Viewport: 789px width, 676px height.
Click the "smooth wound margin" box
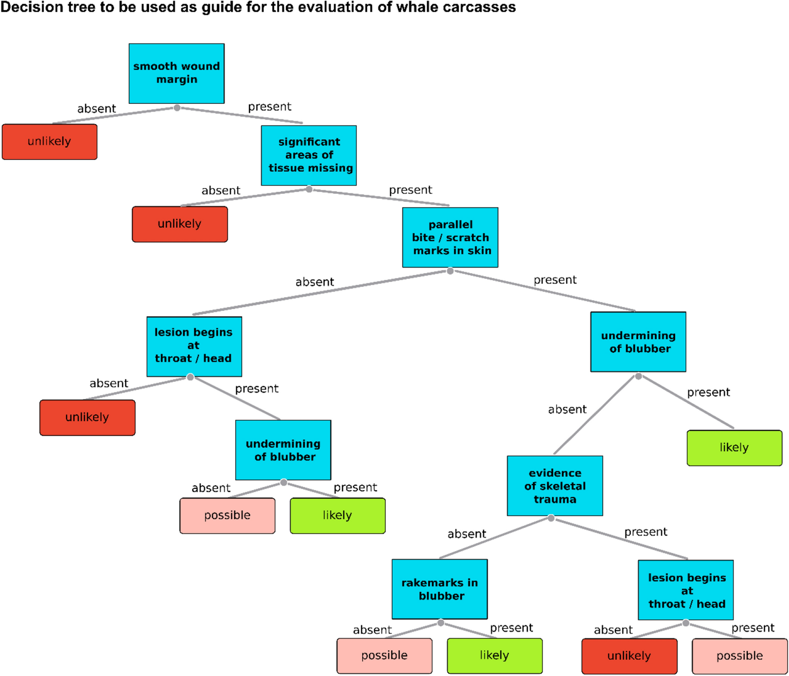[176, 73]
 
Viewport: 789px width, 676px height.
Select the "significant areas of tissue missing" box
[309, 155]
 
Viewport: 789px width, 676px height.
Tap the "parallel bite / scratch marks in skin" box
[450, 237]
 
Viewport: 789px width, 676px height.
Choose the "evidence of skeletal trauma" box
[555, 486]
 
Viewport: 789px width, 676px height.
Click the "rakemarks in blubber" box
[439, 589]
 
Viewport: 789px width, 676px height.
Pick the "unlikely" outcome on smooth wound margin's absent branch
[49, 142]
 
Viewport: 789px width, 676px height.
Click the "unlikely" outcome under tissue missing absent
[180, 224]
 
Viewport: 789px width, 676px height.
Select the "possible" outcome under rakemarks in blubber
[384, 655]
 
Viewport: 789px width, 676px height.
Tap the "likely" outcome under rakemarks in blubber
[495, 655]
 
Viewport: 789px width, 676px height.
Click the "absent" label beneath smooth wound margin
[96, 108]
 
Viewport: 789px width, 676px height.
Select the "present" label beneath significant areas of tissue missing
[410, 190]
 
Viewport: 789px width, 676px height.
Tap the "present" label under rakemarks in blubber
[511, 628]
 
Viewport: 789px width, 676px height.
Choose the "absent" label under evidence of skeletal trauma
[466, 534]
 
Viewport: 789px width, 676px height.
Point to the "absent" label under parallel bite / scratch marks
[315, 282]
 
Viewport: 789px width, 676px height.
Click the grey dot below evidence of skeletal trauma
[551, 518]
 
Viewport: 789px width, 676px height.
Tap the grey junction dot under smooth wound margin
[177, 108]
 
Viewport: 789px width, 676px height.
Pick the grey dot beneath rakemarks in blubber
[441, 622]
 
